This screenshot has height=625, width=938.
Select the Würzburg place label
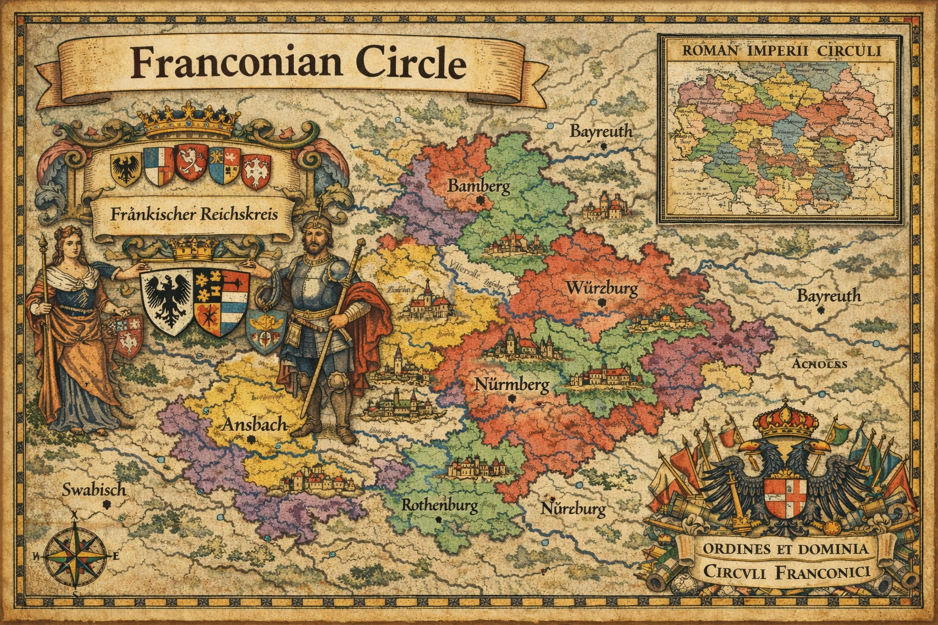(x=602, y=287)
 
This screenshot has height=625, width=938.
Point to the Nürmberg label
(x=511, y=385)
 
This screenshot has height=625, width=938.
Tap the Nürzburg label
(x=573, y=508)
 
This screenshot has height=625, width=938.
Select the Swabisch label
(x=94, y=490)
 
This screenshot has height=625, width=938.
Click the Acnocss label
(x=818, y=364)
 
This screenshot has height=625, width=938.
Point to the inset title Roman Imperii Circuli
(x=779, y=51)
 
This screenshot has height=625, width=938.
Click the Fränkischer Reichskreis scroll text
(x=194, y=215)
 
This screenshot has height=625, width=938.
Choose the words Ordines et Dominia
(x=785, y=549)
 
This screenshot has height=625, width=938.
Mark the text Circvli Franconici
(x=785, y=573)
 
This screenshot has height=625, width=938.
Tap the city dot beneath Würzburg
(x=602, y=302)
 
